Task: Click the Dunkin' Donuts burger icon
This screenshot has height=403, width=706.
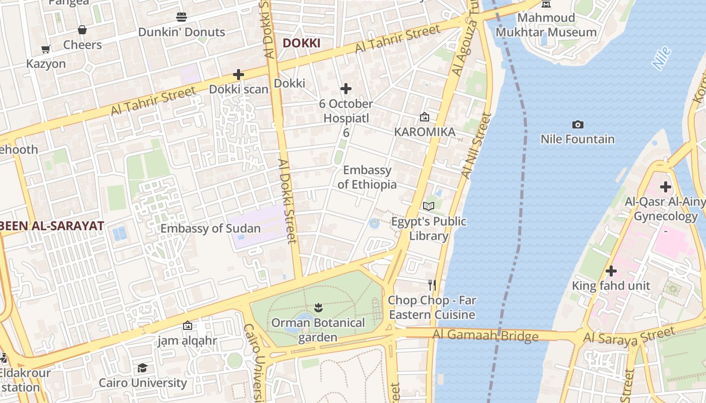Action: coord(182,17)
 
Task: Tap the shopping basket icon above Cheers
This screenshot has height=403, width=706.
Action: coord(82,30)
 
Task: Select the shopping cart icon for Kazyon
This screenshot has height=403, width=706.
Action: coord(46,49)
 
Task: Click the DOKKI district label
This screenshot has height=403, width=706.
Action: coord(301,43)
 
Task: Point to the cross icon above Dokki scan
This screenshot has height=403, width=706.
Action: coord(239,75)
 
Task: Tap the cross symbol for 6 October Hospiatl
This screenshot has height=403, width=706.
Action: coord(345,89)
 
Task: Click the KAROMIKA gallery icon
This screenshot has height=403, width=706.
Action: coord(425,117)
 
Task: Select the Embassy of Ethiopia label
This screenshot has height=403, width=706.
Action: coord(367,177)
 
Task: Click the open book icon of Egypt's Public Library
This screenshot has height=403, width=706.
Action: coord(429,206)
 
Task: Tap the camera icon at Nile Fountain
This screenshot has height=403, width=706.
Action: coord(578,124)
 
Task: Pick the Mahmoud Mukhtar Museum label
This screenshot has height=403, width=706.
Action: coord(546,25)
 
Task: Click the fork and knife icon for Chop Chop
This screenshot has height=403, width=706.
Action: coord(432,285)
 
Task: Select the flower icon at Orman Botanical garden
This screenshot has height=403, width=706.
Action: coord(318,307)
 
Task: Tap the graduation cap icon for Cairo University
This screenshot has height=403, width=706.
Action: coord(143,368)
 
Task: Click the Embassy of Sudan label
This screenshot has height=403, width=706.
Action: coord(210,229)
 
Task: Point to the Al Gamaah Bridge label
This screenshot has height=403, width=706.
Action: coord(485,335)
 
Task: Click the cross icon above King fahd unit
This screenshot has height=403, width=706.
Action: coord(611,271)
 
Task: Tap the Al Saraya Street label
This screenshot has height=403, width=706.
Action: coord(628,336)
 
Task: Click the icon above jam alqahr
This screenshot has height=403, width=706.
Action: coord(188,326)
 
